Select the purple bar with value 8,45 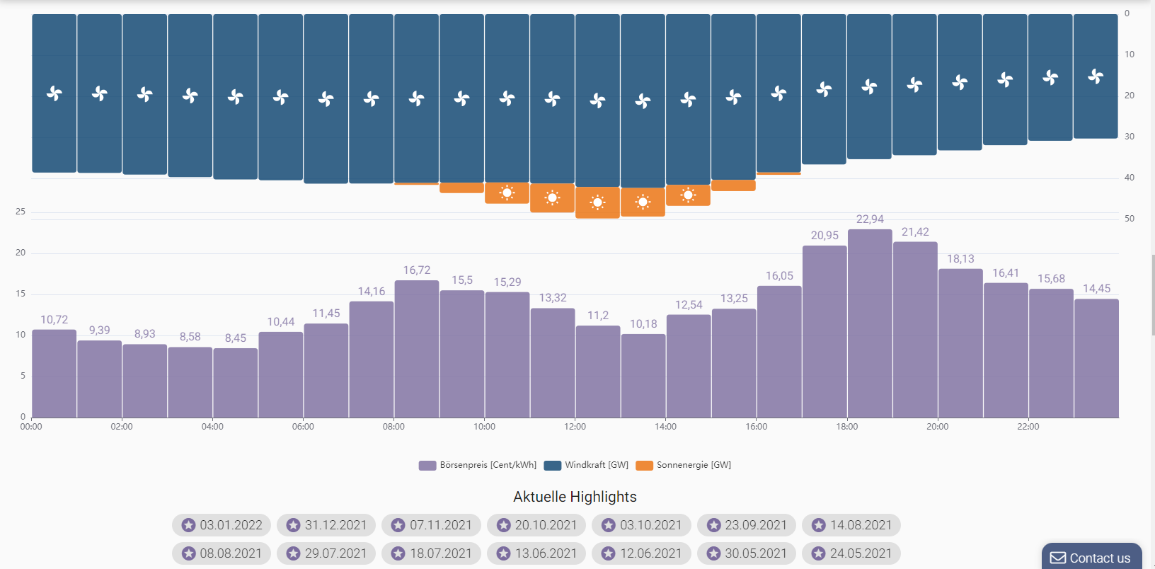click(x=236, y=383)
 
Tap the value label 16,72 click(x=417, y=270)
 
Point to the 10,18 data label click(x=643, y=324)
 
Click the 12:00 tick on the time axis click(x=575, y=427)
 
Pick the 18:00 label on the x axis click(x=847, y=427)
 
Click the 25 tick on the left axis click(x=21, y=212)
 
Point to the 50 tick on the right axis click(x=1130, y=219)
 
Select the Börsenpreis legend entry click(x=478, y=465)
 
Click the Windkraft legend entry click(x=587, y=465)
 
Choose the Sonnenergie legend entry click(x=684, y=465)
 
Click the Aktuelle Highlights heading click(x=575, y=497)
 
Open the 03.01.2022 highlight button click(x=222, y=525)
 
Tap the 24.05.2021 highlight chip click(x=851, y=553)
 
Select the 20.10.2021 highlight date click(x=536, y=525)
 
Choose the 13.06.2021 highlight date click(x=536, y=553)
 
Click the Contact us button click(x=1091, y=558)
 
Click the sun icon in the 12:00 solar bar click(x=597, y=202)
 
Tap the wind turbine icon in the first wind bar click(x=54, y=93)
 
